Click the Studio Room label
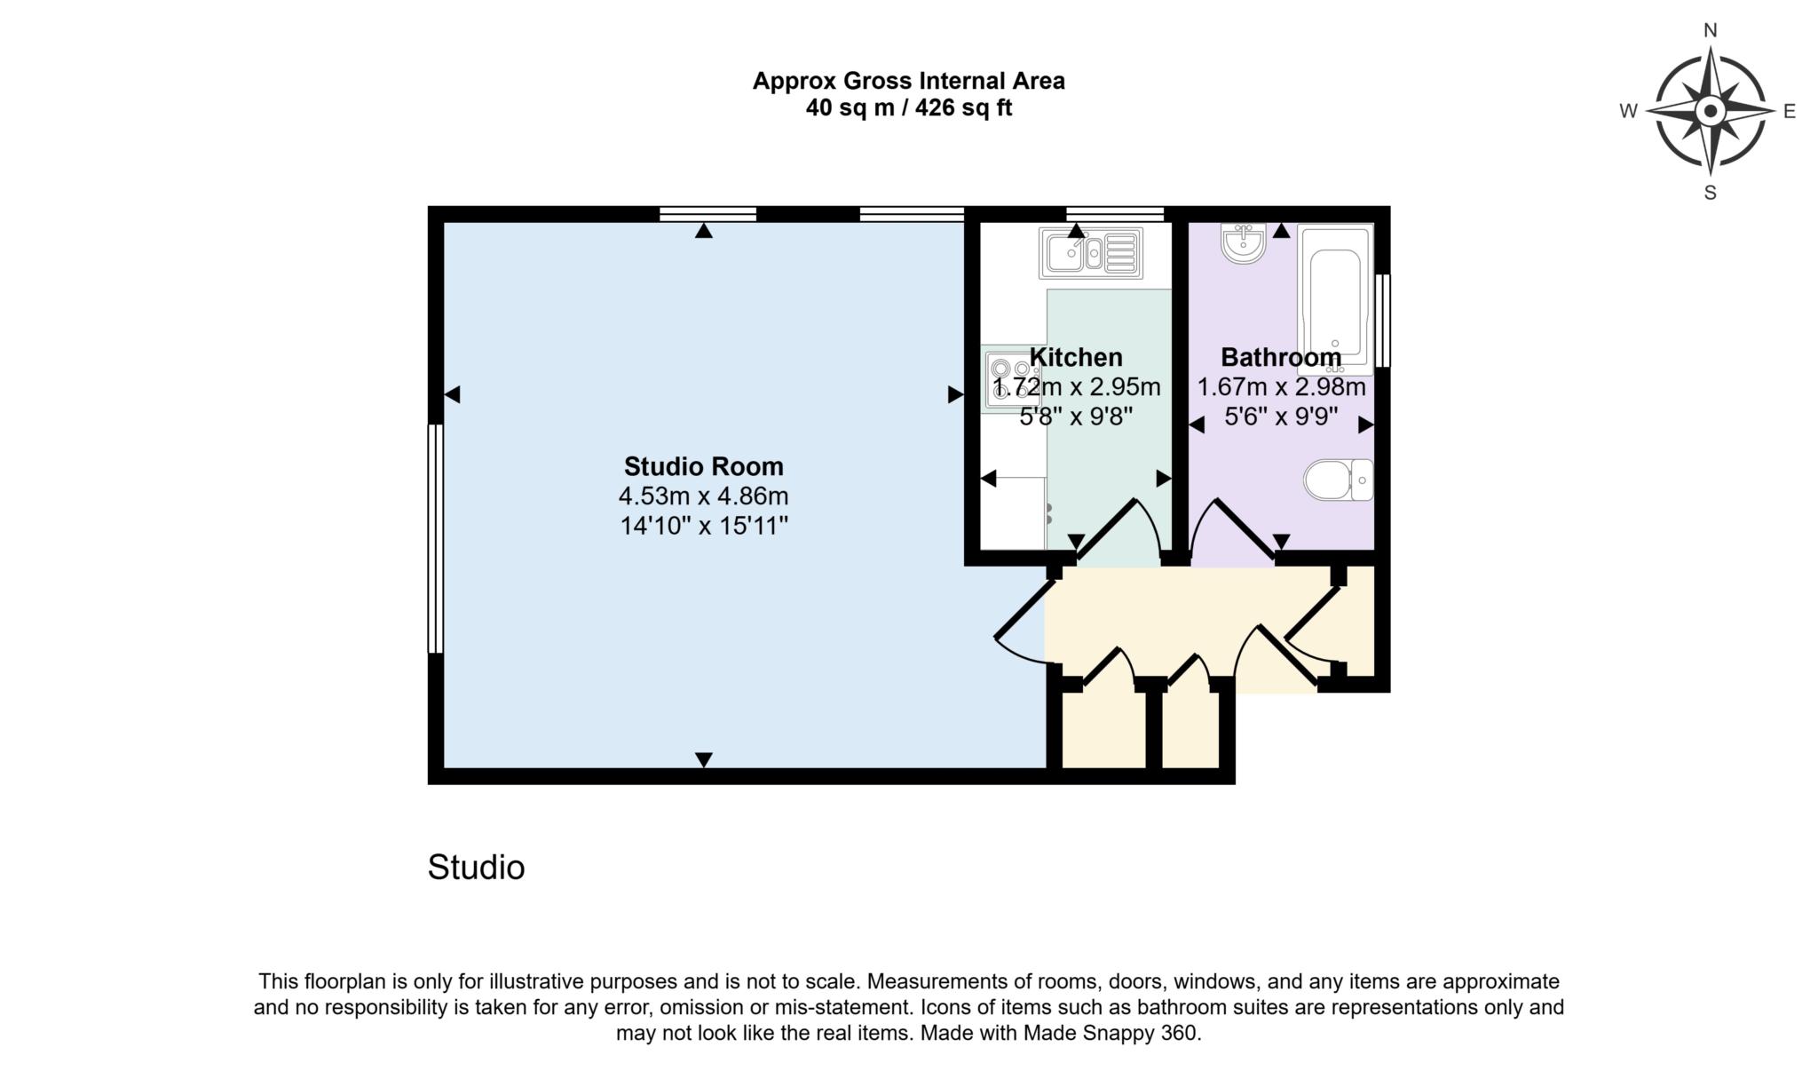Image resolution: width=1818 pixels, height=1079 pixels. [x=703, y=466]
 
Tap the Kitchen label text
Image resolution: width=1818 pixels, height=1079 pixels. [x=1076, y=357]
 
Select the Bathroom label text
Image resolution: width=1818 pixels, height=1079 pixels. [x=1281, y=357]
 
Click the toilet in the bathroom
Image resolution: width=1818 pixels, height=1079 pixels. [x=1338, y=480]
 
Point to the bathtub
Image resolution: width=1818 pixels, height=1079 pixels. [x=1334, y=298]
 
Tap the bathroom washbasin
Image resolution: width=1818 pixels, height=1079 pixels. [x=1243, y=243]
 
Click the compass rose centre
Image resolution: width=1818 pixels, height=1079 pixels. [x=1710, y=112]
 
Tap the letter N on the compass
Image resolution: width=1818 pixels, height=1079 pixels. [x=1710, y=31]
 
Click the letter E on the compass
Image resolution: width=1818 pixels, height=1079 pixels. [x=1790, y=112]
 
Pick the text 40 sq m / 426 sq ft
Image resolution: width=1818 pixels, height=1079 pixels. [x=908, y=108]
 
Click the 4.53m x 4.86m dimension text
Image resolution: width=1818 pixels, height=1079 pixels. [x=703, y=496]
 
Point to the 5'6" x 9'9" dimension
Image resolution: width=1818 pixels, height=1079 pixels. [x=1281, y=417]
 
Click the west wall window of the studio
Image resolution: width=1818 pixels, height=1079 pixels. [x=435, y=538]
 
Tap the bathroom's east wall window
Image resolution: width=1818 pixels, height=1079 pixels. [x=1382, y=321]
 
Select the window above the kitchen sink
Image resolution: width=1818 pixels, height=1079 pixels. [x=1114, y=213]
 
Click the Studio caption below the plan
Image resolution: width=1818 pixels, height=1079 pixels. [x=476, y=868]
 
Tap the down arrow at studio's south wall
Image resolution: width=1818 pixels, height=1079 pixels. [x=704, y=759]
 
